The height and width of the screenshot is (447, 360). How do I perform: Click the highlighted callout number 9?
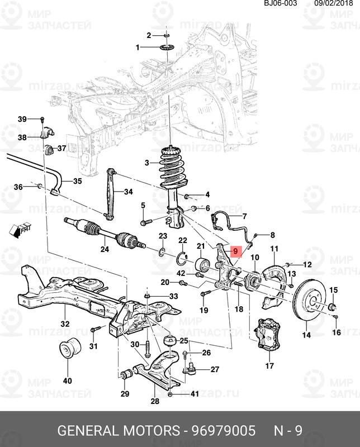235,252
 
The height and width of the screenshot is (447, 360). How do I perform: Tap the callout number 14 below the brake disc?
306,335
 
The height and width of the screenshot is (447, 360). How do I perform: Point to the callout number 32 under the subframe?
65,324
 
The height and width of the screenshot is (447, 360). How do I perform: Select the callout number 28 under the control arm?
155,401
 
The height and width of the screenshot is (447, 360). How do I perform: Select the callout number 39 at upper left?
22,119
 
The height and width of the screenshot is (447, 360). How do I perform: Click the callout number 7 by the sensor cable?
244,216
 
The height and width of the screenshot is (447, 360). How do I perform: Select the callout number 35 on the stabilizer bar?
77,181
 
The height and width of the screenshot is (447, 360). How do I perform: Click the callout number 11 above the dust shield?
274,248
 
